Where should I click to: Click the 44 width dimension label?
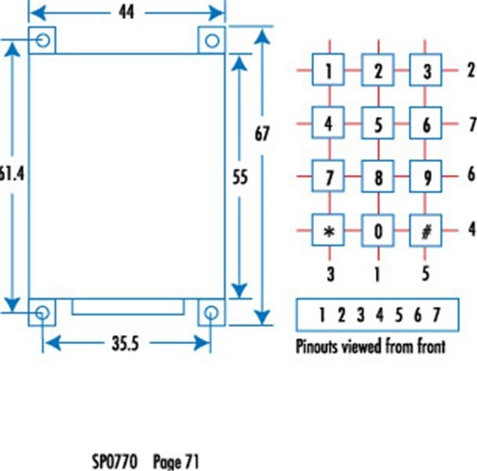[126, 12]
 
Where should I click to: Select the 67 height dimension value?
[262, 134]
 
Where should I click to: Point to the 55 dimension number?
[240, 177]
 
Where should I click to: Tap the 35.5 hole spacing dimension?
[125, 343]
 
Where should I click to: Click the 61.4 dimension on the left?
[11, 173]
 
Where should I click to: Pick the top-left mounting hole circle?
[42, 41]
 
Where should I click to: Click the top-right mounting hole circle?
[212, 41]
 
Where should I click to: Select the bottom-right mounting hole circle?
[211, 313]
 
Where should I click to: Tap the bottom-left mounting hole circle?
[42, 313]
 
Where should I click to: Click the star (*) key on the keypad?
[328, 230]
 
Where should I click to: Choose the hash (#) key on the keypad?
[425, 231]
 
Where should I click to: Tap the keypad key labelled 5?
[378, 123]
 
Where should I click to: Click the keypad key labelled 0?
[378, 231]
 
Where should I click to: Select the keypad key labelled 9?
[425, 176]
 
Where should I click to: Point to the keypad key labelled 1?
[328, 70]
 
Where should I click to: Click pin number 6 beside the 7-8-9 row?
[471, 173]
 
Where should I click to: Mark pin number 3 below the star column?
[330, 274]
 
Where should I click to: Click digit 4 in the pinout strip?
[380, 315]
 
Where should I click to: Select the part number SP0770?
[115, 462]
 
